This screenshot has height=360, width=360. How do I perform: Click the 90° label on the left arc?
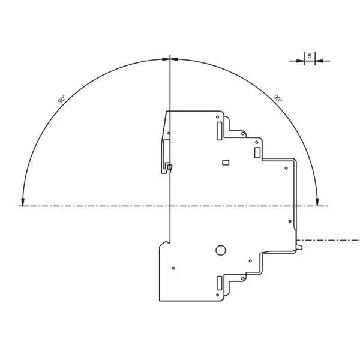point(61,99)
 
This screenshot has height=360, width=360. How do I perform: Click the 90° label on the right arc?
point(278,98)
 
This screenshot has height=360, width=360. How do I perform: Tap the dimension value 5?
point(310,56)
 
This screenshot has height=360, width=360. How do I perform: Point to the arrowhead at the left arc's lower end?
point(23,202)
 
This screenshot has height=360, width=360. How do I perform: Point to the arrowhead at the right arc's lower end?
point(317,202)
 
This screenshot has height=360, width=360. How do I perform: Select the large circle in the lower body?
point(221,250)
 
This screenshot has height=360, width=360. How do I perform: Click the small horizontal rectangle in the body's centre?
point(226,162)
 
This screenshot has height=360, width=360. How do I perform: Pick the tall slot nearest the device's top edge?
point(219,130)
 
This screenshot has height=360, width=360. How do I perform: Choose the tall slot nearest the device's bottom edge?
point(219,283)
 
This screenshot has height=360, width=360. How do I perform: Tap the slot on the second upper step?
point(257,152)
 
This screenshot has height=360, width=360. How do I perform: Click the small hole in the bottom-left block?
point(173,268)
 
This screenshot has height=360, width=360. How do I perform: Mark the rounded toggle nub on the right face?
point(298,246)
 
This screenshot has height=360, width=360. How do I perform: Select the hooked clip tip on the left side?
point(169,167)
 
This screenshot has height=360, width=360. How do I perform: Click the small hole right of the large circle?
point(251,260)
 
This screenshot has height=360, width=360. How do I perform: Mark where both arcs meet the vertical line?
point(170,59)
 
